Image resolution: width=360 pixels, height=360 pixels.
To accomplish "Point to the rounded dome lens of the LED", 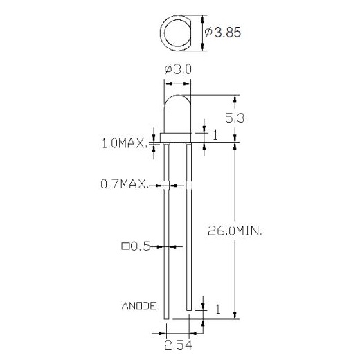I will click(x=177, y=111).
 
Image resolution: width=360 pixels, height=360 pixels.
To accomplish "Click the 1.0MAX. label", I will click(x=124, y=144).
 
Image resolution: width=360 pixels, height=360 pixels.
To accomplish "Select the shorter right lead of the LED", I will click(x=189, y=228).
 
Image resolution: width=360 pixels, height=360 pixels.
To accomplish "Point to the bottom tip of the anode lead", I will click(x=167, y=320).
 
